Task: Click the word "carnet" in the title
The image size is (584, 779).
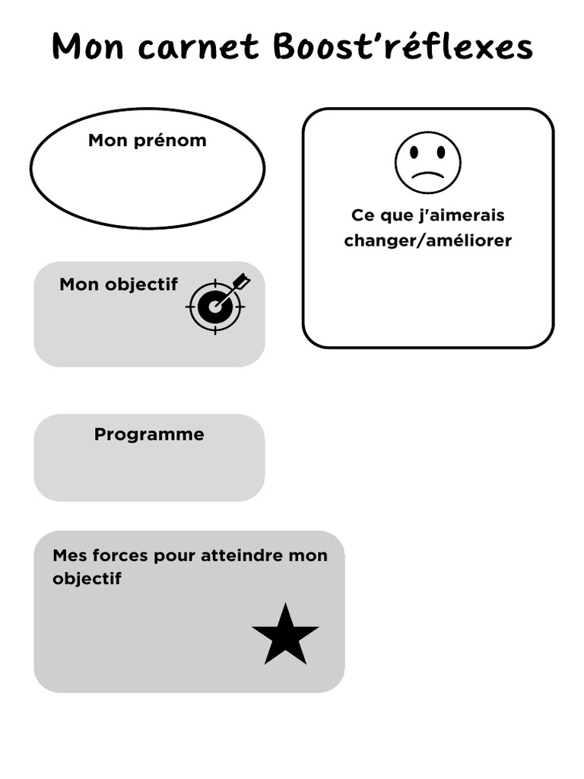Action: (200, 47)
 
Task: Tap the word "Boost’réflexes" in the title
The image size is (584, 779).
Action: (402, 47)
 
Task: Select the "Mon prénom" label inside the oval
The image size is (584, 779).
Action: (147, 140)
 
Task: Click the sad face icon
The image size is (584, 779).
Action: (427, 163)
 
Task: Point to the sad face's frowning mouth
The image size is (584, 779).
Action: (427, 176)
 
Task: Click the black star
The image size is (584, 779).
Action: (285, 635)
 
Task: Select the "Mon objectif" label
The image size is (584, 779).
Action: (119, 285)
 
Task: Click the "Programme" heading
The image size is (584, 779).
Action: (149, 434)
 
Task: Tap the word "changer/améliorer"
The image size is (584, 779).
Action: (427, 240)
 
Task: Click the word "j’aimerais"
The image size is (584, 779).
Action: (462, 215)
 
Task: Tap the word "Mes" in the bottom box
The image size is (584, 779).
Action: (66, 555)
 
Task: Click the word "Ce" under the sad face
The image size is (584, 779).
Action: (363, 215)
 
